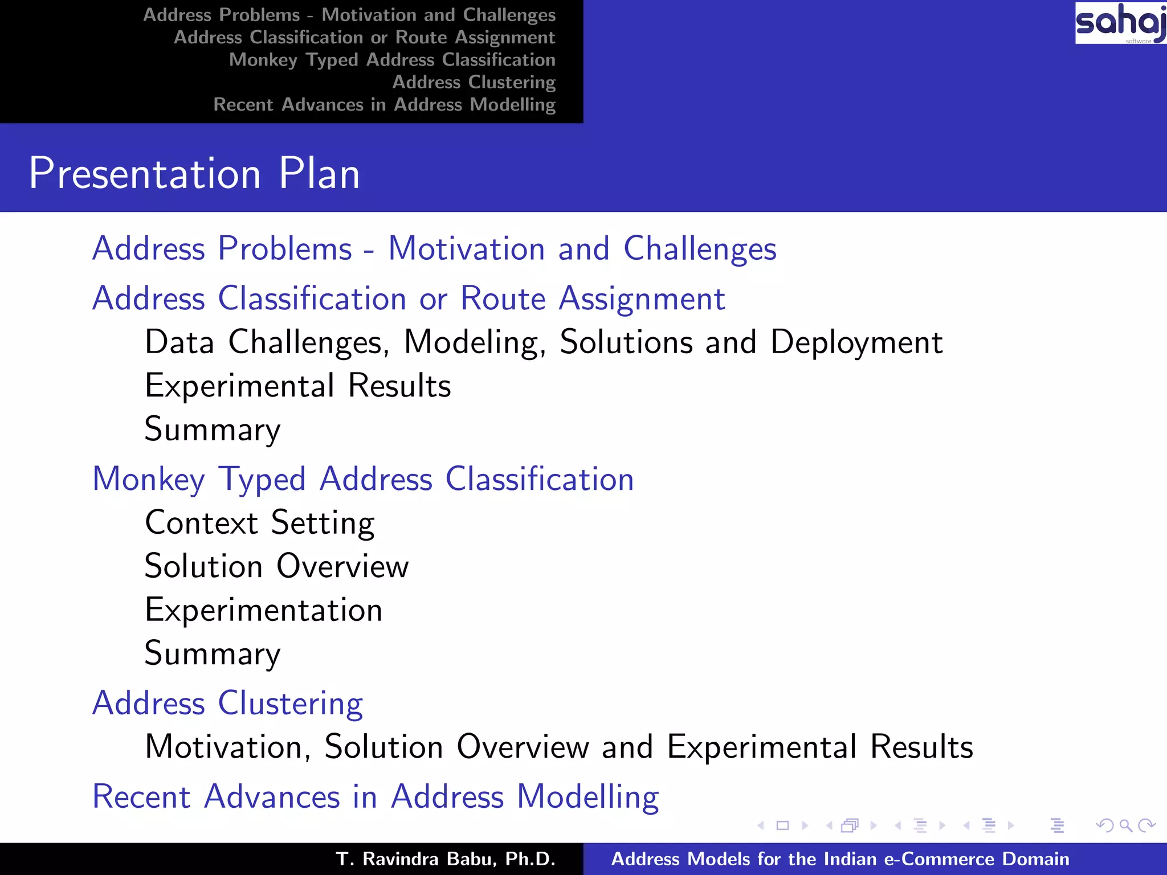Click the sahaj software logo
point(1120,23)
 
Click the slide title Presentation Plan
point(194,173)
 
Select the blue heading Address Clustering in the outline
point(227,703)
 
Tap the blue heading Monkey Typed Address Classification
point(363,479)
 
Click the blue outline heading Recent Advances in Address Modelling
point(376,796)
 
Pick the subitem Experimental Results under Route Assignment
point(297,386)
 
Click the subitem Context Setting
point(260,522)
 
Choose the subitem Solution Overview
point(276,566)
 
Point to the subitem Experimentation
point(263,610)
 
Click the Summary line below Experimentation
point(213,653)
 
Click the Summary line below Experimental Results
point(213,429)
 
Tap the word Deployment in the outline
point(856,342)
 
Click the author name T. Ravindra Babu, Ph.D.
point(446,859)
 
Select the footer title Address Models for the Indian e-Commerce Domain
point(840,859)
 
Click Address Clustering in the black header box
point(474,83)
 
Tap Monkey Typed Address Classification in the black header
point(392,60)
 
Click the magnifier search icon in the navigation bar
point(1125,825)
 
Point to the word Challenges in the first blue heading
point(700,249)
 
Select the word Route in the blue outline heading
point(503,299)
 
